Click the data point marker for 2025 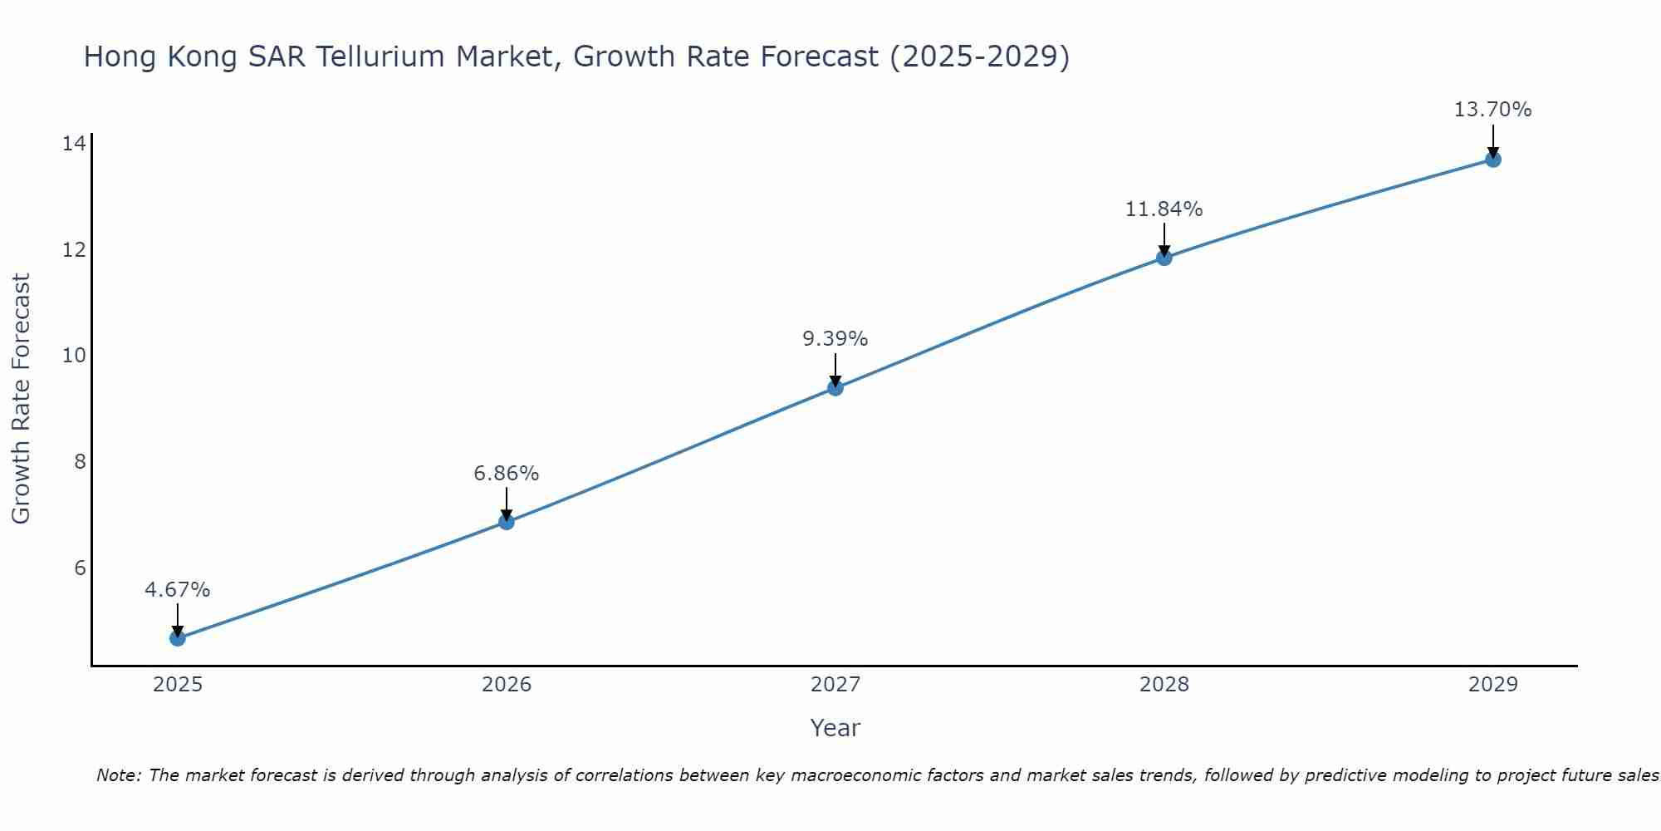point(177,638)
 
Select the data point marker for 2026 point(506,522)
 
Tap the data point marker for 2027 point(835,388)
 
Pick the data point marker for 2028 point(1164,258)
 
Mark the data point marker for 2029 point(1492,160)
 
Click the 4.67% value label point(177,590)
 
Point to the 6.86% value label point(506,474)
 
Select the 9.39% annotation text point(835,339)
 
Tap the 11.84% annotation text point(1164,209)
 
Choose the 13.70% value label point(1492,110)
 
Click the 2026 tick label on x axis point(507,685)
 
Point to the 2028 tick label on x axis point(1164,685)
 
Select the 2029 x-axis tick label point(1492,685)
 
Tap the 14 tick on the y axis point(74,144)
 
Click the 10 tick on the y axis point(74,356)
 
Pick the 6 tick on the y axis point(80,568)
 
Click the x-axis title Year point(835,728)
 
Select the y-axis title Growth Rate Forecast point(22,399)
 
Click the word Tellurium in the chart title point(379,57)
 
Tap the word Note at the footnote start point(119,775)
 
